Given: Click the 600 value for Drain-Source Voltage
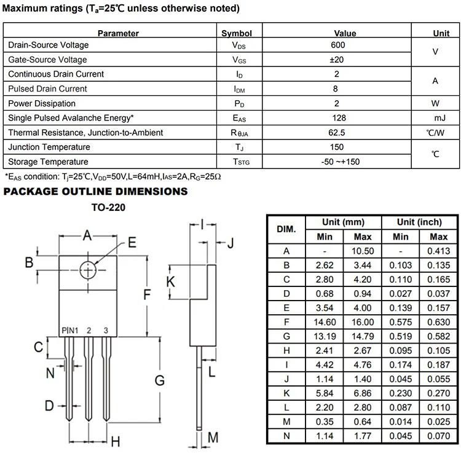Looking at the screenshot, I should click(x=337, y=45).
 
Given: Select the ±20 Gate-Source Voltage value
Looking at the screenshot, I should click(x=337, y=60).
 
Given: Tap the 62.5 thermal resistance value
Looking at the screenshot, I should click(x=337, y=132).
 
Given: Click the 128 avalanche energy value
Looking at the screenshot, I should click(x=337, y=118).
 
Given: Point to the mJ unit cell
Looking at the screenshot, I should click(x=438, y=118).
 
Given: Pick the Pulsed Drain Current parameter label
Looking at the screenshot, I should click(x=47, y=89).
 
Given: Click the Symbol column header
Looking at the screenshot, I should click(x=237, y=33).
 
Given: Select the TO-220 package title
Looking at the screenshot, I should click(x=108, y=208).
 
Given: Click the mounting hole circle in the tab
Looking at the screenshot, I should click(x=88, y=269).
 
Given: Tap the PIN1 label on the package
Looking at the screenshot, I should click(x=70, y=331).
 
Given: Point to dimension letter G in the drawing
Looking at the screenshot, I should click(x=160, y=380).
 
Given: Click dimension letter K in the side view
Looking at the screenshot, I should click(x=171, y=282).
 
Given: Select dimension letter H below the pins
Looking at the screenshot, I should click(x=114, y=441).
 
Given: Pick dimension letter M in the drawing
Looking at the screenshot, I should click(x=213, y=438).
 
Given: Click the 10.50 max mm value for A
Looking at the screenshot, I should click(x=363, y=251).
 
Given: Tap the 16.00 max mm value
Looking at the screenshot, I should click(x=363, y=321).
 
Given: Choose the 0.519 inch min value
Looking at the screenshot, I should click(x=400, y=336).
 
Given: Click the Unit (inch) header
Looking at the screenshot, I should click(x=419, y=222).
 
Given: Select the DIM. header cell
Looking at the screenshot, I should click(x=286, y=229).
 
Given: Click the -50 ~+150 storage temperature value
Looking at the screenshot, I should click(x=337, y=162).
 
